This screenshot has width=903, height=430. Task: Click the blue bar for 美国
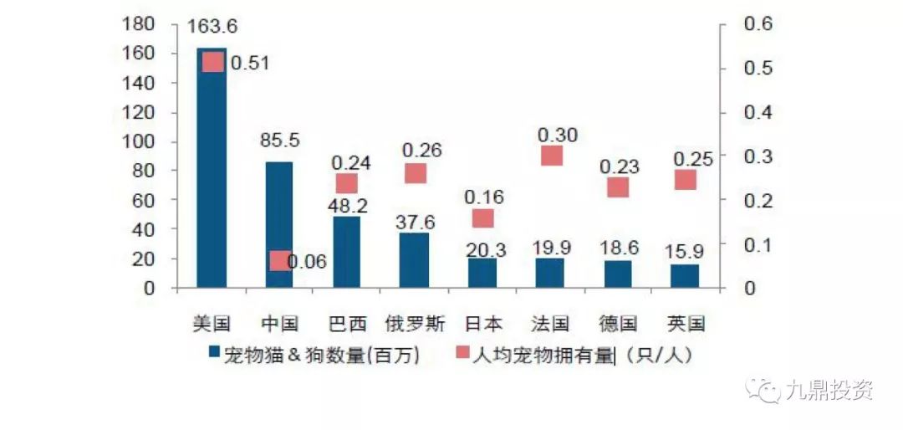coord(212,167)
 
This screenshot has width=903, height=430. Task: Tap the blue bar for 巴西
coord(346,252)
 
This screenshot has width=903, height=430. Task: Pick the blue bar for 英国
coord(685,276)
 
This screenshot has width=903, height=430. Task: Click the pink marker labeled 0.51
coord(213,62)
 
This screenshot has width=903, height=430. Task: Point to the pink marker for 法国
coord(552,156)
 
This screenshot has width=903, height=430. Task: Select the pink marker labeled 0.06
coord(279,261)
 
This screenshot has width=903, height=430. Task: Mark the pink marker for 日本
coord(482,218)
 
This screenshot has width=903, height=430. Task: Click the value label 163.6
coord(212,27)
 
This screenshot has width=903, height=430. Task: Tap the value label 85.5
coord(280,140)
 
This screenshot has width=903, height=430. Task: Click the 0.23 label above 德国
coord(619,166)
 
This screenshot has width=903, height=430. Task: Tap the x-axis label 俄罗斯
coord(416,323)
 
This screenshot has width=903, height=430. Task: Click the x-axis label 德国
coord(619,323)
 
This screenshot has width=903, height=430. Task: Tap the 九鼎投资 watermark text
coord(829,390)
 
